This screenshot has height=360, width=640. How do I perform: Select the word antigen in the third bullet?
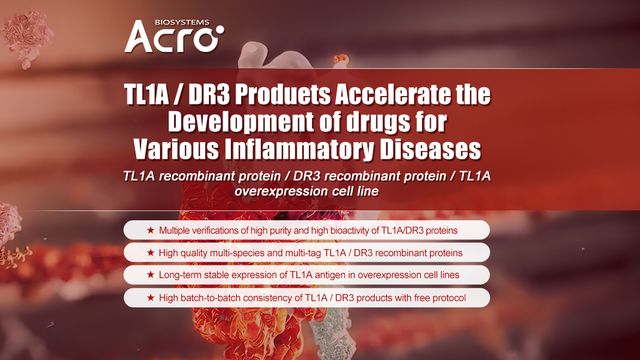(x=327, y=275)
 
